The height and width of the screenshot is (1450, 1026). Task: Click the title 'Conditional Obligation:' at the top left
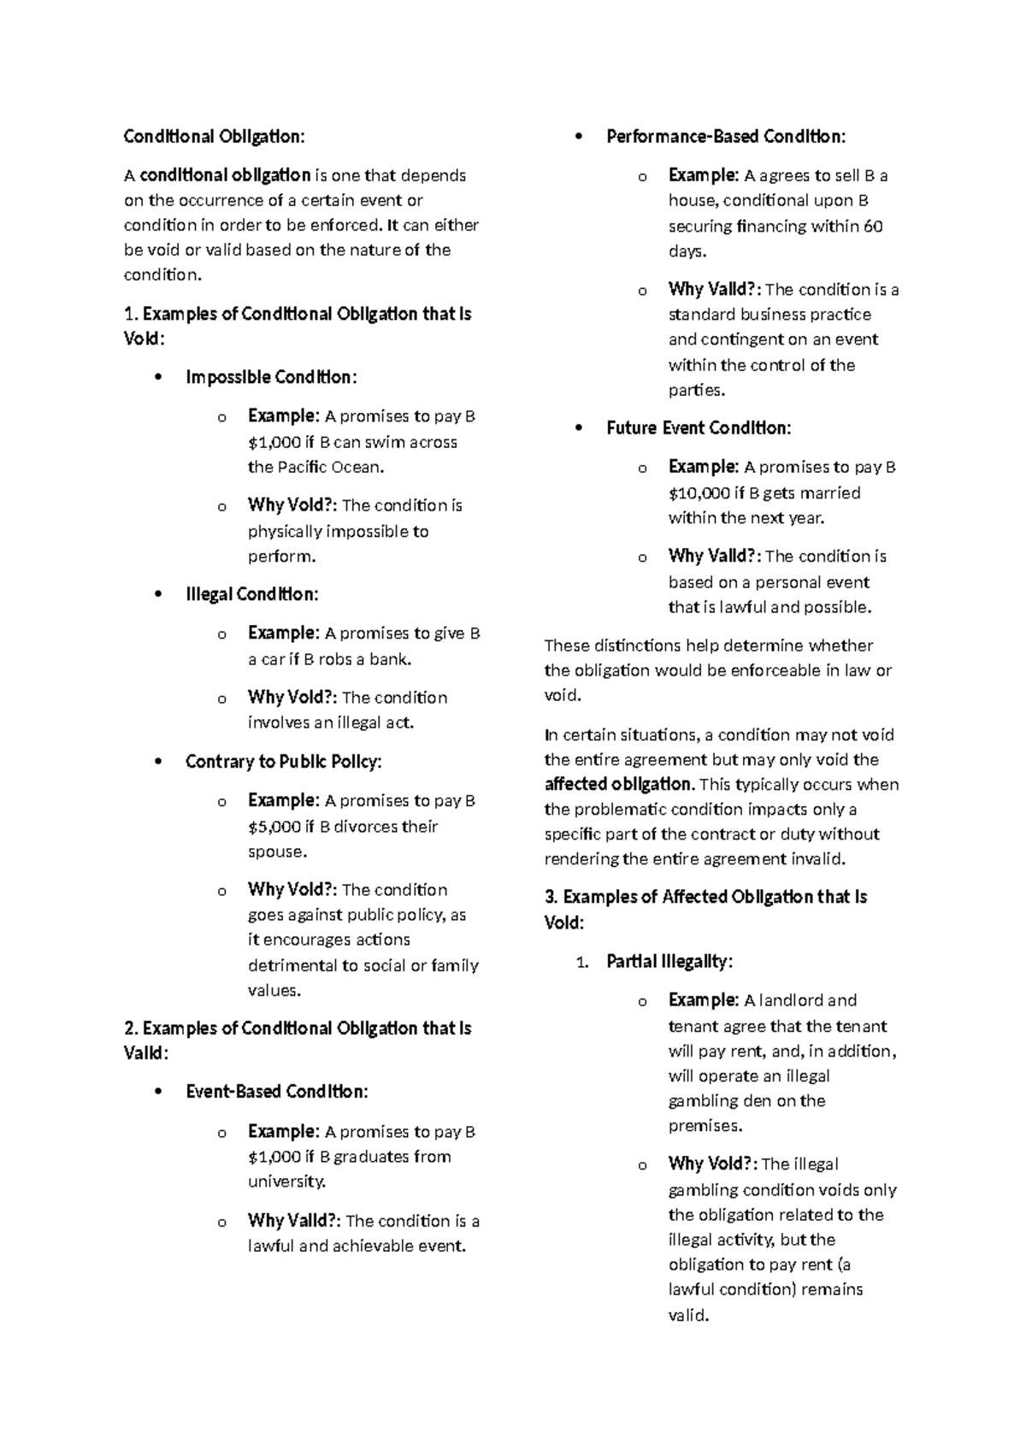tap(214, 137)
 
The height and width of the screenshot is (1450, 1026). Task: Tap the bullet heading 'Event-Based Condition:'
tap(276, 1092)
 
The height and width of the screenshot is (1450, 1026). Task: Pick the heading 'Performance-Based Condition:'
tap(726, 137)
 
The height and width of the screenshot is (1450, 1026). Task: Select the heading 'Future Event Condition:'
tap(699, 428)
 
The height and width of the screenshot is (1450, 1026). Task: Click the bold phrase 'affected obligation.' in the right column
tap(619, 784)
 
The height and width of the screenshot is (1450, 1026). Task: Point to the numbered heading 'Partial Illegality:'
tap(669, 962)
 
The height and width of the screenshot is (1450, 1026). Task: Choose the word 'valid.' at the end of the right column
tap(688, 1316)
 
